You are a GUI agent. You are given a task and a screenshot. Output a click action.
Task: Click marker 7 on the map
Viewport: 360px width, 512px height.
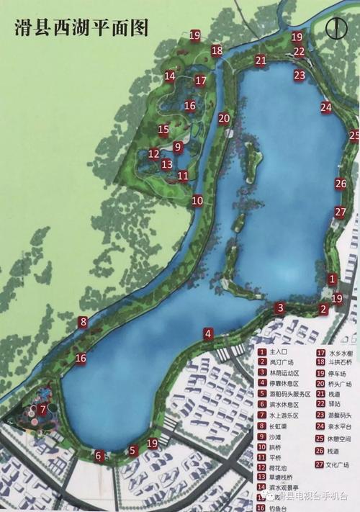click(x=43, y=410)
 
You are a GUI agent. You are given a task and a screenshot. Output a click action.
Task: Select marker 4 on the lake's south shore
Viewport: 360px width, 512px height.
click(x=208, y=333)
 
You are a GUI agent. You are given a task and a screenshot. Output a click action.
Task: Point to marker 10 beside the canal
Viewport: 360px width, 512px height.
click(x=197, y=201)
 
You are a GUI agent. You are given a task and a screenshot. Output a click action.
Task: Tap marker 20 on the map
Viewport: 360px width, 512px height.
click(x=224, y=119)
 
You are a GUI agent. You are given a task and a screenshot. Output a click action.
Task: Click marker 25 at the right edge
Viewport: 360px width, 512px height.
click(x=354, y=135)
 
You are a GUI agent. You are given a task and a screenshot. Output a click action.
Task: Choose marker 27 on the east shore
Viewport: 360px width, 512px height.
click(x=341, y=212)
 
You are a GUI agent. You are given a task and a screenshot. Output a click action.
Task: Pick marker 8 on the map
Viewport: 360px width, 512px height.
click(x=84, y=322)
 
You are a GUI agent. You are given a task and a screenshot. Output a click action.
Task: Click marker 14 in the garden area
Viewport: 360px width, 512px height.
click(x=170, y=76)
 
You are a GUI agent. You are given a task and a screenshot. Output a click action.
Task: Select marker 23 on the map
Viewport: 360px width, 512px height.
click(x=300, y=75)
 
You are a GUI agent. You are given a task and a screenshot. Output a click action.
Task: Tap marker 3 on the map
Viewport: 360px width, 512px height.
click(x=279, y=308)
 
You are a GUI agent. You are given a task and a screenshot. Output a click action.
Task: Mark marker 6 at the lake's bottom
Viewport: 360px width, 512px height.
click(x=99, y=455)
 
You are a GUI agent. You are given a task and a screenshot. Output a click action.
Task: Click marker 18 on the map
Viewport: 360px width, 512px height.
click(x=217, y=50)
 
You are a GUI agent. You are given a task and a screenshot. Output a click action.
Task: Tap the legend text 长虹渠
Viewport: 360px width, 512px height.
click(x=278, y=426)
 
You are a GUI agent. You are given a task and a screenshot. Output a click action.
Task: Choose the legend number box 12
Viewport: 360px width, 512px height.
click(x=262, y=467)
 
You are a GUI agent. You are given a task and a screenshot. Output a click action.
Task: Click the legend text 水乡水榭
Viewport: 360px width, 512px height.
click(x=342, y=352)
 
